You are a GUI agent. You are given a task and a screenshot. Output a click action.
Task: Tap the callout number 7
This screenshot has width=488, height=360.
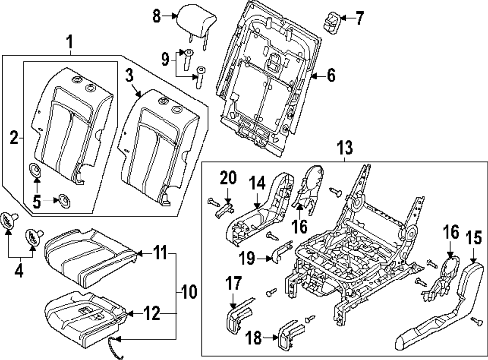[x=360, y=19]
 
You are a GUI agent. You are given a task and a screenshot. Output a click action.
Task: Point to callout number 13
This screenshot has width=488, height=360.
[x=345, y=147]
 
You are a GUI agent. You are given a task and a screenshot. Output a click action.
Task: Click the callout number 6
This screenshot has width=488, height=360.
[x=331, y=75]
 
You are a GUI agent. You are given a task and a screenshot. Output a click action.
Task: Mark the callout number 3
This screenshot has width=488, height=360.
[x=129, y=76]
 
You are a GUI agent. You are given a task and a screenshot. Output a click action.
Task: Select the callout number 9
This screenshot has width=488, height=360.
[x=165, y=60]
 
